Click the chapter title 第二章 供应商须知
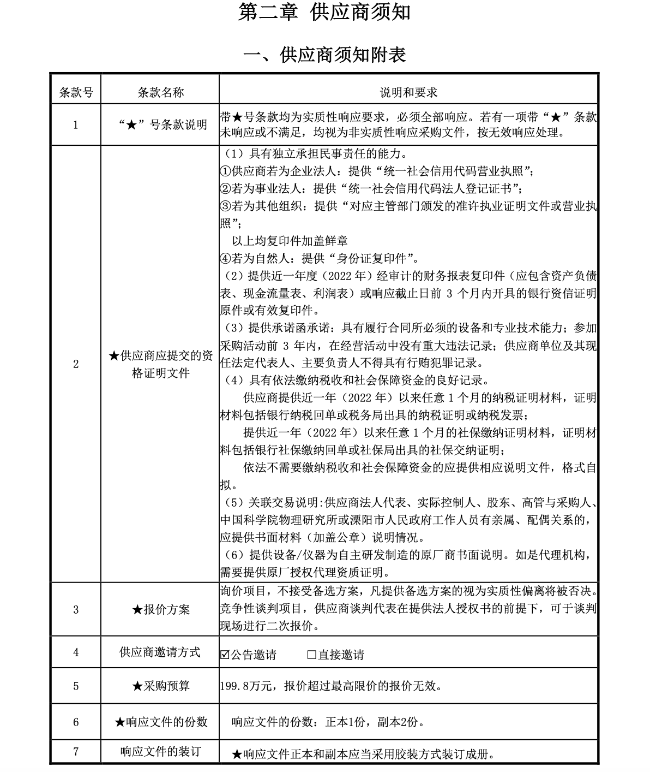point(324,13)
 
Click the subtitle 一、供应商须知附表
point(324,55)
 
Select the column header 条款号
point(76,92)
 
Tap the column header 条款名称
point(160,92)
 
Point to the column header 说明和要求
point(408,92)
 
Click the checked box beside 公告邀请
point(225,654)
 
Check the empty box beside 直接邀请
point(312,654)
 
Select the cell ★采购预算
point(160,686)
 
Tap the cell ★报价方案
point(160,609)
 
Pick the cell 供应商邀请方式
point(160,652)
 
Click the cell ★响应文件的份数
point(160,722)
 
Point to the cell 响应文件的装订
point(160,751)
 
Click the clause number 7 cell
point(76,751)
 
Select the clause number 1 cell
point(76,124)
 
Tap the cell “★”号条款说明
point(160,124)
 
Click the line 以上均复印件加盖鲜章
point(290,241)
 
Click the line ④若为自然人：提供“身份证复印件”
point(319,258)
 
